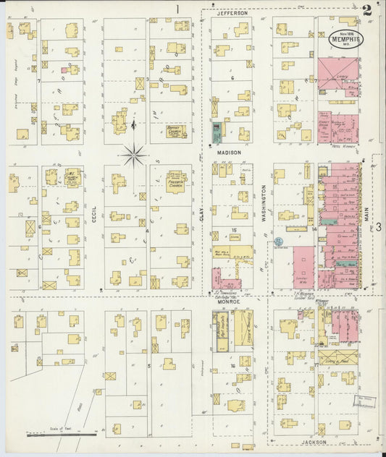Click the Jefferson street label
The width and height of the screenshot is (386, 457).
click(232, 13)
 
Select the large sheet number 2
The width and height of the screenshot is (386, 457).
click(368, 10)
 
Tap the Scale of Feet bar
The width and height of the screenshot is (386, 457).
click(62, 434)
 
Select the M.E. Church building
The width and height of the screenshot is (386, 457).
click(71, 177)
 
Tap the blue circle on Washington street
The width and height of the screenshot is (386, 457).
click(279, 239)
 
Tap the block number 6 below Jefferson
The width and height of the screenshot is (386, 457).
click(232, 77)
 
